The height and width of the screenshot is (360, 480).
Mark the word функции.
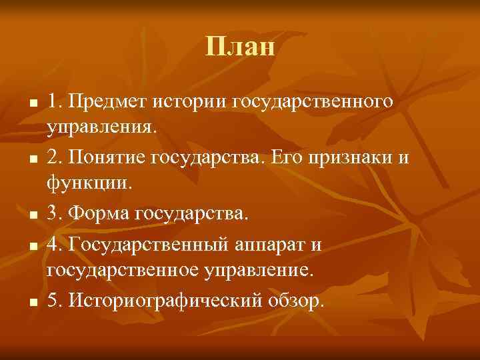[x=90, y=183]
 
